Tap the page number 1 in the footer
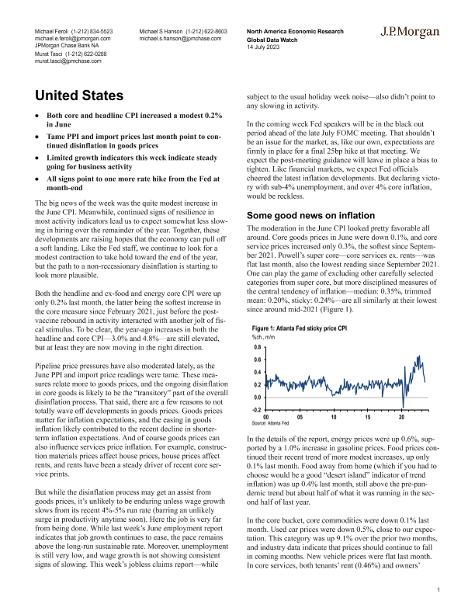pos(439,590)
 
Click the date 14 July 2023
pos(263,45)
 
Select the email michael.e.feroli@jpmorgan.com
pos(73,37)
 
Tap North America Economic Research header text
pos(294,30)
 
